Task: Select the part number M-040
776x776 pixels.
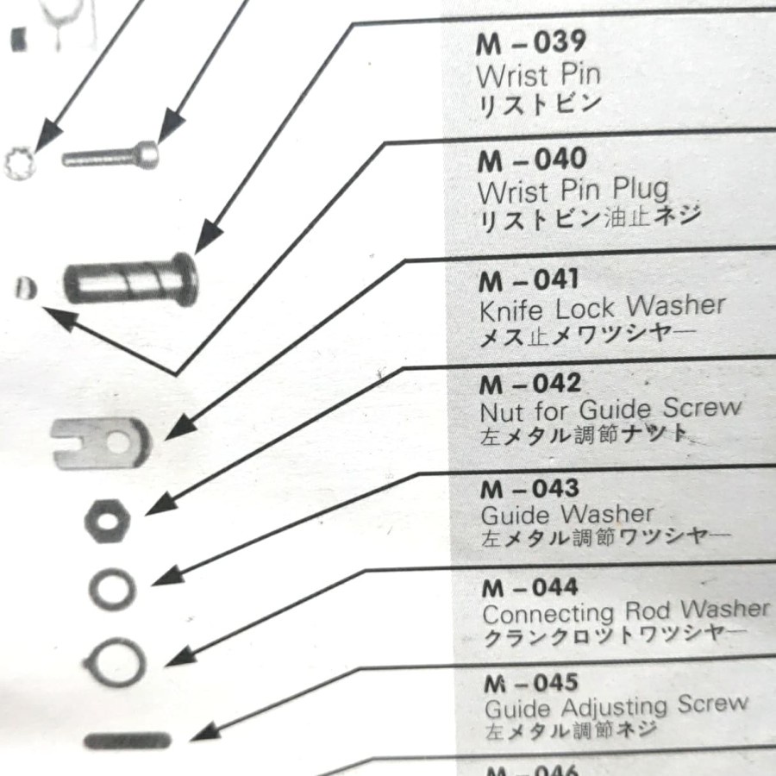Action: [x=532, y=160]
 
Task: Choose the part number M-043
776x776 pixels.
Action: [x=530, y=488]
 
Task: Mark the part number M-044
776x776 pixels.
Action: [x=530, y=589]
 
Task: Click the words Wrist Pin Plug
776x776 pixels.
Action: [x=573, y=189]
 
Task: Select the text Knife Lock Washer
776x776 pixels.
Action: [x=602, y=307]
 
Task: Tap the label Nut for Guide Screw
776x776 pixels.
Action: [x=610, y=408]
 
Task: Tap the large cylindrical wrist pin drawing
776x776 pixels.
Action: [x=132, y=279]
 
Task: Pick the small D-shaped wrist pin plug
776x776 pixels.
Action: [x=26, y=287]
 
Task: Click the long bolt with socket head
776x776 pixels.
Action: [x=111, y=156]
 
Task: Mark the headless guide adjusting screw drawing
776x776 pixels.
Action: [x=128, y=739]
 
